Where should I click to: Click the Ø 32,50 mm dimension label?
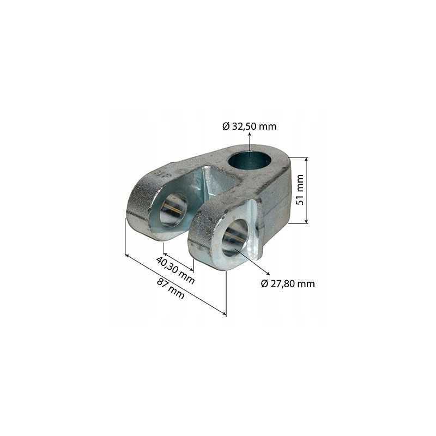pyautogui.click(x=250, y=126)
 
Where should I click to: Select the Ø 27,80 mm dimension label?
pyautogui.click(x=288, y=283)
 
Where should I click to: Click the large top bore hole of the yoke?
pyautogui.click(x=249, y=160)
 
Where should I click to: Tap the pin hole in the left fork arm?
pyautogui.click(x=173, y=210)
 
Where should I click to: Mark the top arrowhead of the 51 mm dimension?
pyautogui.click(x=306, y=160)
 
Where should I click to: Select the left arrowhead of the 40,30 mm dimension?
pyautogui.click(x=165, y=255)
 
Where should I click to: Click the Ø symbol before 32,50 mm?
pyautogui.click(x=226, y=126)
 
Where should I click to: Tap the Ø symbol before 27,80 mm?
pyautogui.click(x=264, y=283)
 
